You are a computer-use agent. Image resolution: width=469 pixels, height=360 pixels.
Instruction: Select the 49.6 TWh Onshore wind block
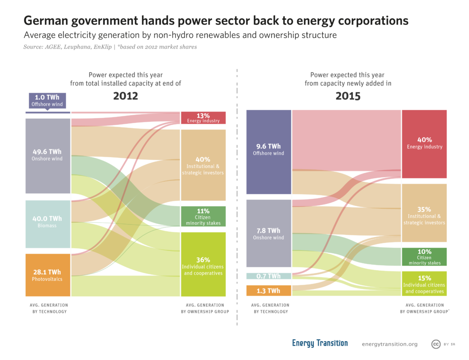pyautogui.click(x=48, y=155)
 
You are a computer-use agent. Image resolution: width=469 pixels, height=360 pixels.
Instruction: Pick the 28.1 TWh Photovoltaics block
pyautogui.click(x=48, y=275)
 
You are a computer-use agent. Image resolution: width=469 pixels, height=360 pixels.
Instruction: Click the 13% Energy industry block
pyautogui.click(x=203, y=118)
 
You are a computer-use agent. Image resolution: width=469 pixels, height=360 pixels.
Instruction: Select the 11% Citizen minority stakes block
pyautogui.click(x=203, y=217)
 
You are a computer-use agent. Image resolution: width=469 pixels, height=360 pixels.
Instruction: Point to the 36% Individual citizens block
pyautogui.click(x=203, y=265)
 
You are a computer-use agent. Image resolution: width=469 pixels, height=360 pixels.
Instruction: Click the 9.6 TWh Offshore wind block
pyautogui.click(x=268, y=152)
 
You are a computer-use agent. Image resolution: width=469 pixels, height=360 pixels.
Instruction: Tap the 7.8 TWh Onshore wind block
pyautogui.click(x=268, y=233)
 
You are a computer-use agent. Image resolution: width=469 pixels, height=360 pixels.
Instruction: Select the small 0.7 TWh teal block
pyautogui.click(x=268, y=276)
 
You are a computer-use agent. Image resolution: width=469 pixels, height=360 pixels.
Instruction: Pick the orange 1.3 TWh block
pyautogui.click(x=268, y=290)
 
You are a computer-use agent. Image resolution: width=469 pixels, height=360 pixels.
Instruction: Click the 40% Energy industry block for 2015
pyautogui.click(x=424, y=144)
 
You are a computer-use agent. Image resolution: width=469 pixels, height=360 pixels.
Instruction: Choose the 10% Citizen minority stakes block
pyautogui.click(x=424, y=256)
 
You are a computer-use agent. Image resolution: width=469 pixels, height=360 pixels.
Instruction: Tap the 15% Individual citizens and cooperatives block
pyautogui.click(x=424, y=283)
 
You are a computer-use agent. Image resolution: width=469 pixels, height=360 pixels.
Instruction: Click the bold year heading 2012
pyautogui.click(x=125, y=97)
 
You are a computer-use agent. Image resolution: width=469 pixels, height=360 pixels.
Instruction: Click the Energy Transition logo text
pyautogui.click(x=320, y=343)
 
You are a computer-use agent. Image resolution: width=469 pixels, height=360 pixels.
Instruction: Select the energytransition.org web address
pyautogui.click(x=389, y=344)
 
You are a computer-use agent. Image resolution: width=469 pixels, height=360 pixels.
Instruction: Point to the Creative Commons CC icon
pyautogui.click(x=436, y=344)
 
